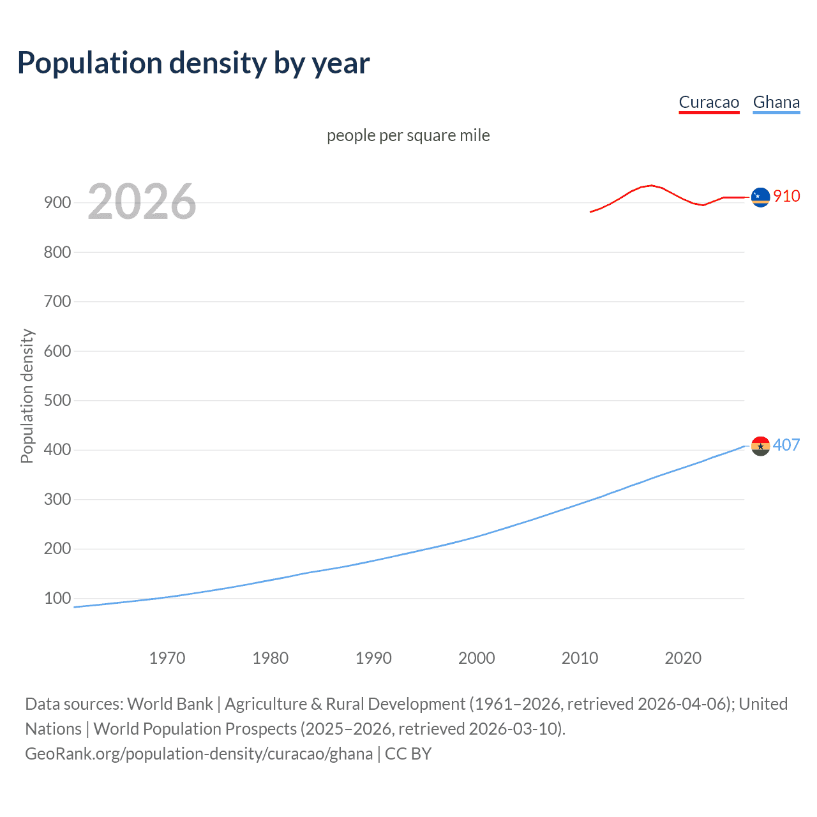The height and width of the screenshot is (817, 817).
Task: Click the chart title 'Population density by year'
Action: pyautogui.click(x=193, y=63)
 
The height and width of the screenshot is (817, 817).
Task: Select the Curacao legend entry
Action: pyautogui.click(x=708, y=102)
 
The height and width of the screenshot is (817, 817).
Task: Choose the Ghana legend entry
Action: pyautogui.click(x=776, y=102)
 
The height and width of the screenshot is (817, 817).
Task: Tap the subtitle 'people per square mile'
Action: pyautogui.click(x=408, y=135)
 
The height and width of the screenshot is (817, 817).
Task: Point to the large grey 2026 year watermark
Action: pyautogui.click(x=142, y=202)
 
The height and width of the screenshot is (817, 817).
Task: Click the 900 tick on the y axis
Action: pyautogui.click(x=57, y=202)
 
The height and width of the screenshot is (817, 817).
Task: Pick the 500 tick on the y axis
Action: pyautogui.click(x=57, y=400)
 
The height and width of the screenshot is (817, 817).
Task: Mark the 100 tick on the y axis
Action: pyautogui.click(x=57, y=598)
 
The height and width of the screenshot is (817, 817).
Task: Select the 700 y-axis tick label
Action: pyautogui.click(x=57, y=301)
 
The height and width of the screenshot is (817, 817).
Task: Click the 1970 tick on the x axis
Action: pyautogui.click(x=167, y=658)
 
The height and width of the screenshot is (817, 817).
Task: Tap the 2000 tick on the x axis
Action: pyautogui.click(x=477, y=658)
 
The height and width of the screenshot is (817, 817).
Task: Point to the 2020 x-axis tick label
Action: pyautogui.click(x=683, y=658)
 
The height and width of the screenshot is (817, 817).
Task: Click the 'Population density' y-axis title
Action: pyautogui.click(x=27, y=396)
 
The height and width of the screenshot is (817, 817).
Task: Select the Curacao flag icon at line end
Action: pyautogui.click(x=760, y=197)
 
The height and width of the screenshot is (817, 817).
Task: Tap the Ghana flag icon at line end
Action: pyautogui.click(x=760, y=446)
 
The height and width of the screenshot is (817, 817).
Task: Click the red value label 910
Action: pyautogui.click(x=786, y=196)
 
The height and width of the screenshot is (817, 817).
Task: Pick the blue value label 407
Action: pyautogui.click(x=786, y=445)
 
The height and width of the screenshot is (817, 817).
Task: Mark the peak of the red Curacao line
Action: pyautogui.click(x=650, y=185)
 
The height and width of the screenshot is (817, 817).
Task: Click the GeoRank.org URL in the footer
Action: pyautogui.click(x=199, y=753)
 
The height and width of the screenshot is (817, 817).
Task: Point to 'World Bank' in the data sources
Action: pyautogui.click(x=170, y=703)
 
